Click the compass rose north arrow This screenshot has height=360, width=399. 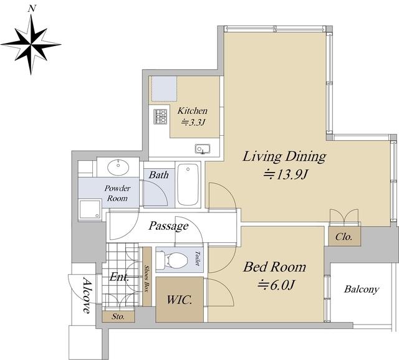(31, 45)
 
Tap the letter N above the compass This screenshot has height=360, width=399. (32, 9)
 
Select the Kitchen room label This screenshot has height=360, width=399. (193, 111)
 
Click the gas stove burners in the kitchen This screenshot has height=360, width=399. (160, 116)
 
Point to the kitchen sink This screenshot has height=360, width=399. (203, 149)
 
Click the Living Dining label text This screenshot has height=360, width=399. (284, 157)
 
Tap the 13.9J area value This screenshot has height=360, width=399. (286, 174)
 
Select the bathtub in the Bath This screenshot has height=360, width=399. (188, 184)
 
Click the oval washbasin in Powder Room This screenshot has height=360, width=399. (118, 168)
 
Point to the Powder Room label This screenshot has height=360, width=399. (117, 193)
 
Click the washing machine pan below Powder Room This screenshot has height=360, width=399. (90, 209)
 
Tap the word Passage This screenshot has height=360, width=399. (168, 225)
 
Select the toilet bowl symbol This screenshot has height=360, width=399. (172, 260)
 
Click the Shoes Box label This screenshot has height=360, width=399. (147, 279)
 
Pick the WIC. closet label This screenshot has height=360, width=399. (179, 300)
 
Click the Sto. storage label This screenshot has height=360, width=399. (118, 316)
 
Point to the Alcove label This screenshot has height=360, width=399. (87, 296)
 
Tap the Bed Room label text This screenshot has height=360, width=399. (274, 267)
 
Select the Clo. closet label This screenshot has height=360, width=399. (344, 237)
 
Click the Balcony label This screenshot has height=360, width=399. (362, 290)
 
